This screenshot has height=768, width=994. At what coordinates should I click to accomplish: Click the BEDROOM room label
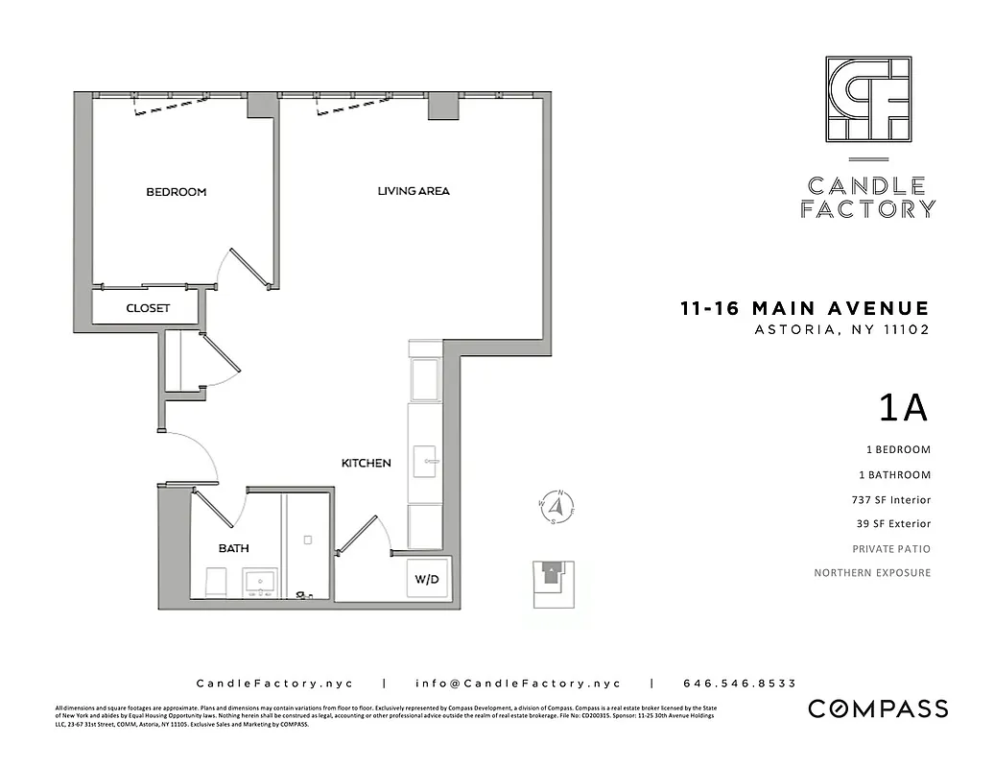tap(176, 192)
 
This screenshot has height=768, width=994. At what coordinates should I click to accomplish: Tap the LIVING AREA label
tap(413, 191)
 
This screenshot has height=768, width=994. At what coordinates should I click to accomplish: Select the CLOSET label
tap(148, 308)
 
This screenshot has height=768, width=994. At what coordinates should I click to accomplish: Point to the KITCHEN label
tap(366, 463)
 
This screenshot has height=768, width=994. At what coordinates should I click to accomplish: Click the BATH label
tap(233, 548)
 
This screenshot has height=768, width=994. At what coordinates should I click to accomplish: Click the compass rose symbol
tap(555, 508)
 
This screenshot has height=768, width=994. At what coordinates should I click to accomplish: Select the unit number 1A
tap(903, 408)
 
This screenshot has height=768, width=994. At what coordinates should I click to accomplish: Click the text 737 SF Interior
tap(890, 499)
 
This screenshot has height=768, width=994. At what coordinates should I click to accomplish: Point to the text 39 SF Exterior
tap(892, 524)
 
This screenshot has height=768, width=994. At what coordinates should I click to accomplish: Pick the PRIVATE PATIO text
tap(891, 549)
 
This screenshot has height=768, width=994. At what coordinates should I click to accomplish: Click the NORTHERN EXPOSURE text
tap(872, 573)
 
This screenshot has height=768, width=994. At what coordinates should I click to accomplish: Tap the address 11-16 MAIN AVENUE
tap(804, 308)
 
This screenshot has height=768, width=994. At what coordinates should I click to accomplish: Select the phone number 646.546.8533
tap(739, 684)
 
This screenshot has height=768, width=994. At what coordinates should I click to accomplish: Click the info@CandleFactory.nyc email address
tap(518, 684)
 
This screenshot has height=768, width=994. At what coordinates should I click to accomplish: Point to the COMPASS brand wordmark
tap(878, 709)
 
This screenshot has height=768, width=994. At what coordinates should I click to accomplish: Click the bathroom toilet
tap(216, 581)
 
